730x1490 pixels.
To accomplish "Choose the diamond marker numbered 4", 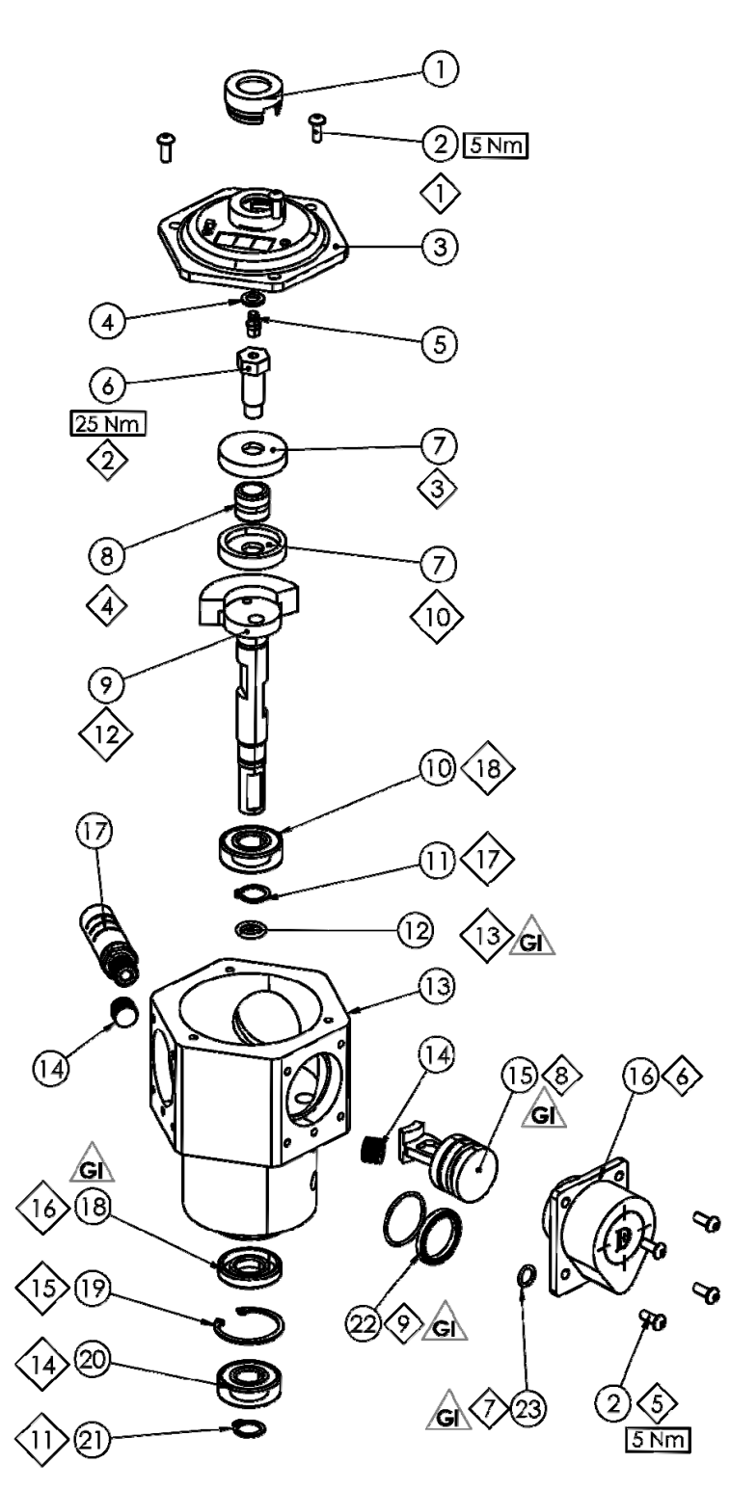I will pyautogui.click(x=106, y=606).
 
